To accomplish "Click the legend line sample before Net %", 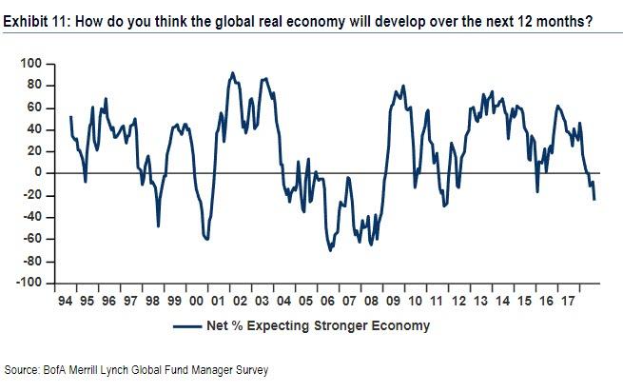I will point(190,326).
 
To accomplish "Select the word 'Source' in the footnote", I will point(24,369).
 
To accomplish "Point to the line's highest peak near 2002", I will point(232,72).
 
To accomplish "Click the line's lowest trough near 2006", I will point(330,250).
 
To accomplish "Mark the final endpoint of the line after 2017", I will point(594,199).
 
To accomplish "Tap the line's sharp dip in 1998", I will point(158,225).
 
